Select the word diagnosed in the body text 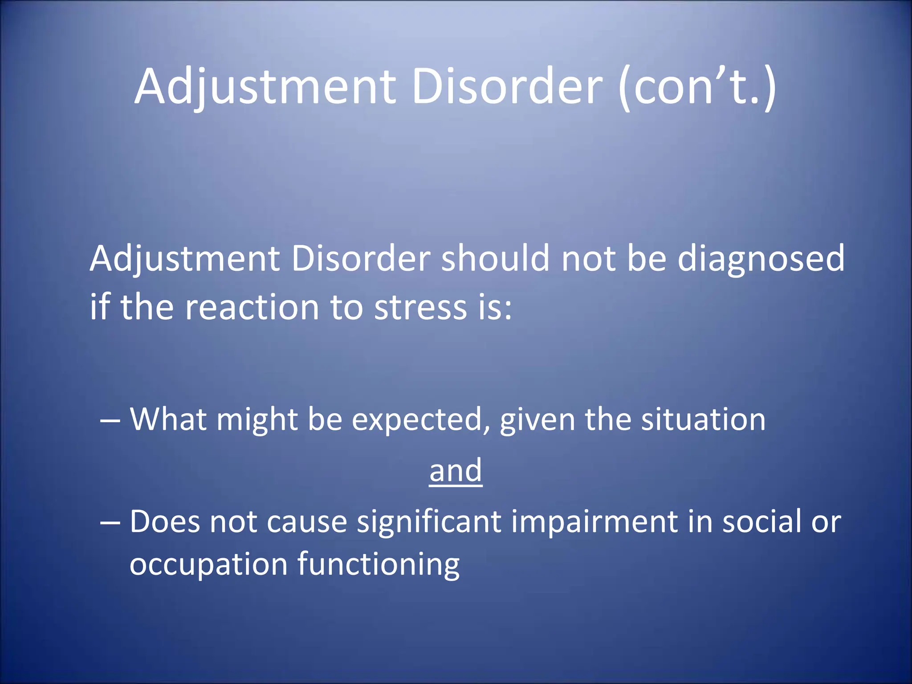761,259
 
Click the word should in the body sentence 495,258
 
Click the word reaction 252,307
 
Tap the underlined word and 456,471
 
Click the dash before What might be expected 110,420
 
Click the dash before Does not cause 110,522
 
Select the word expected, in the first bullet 421,420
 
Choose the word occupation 208,565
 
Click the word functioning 379,565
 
